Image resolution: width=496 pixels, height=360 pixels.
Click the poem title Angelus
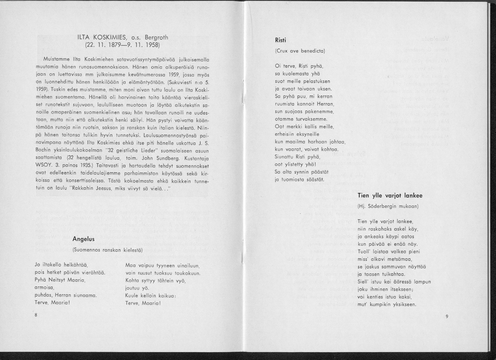click(83, 239)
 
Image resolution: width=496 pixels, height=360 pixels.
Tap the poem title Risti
click(281, 40)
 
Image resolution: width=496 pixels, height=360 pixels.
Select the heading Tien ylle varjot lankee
click(390, 196)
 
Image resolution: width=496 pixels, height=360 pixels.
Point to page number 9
click(447, 317)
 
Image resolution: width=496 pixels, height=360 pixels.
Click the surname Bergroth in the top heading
click(156, 37)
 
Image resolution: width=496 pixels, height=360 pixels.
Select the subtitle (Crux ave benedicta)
click(300, 51)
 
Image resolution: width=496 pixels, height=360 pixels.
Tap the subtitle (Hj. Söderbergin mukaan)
click(388, 206)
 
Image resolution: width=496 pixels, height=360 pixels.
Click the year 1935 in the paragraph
click(88, 165)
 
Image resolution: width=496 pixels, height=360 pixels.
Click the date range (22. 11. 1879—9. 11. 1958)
click(123, 45)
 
